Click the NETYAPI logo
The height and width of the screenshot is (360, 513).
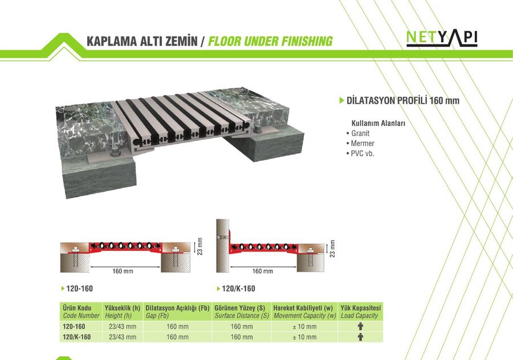(x=442, y=38)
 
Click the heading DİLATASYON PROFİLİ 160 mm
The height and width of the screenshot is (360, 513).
(x=403, y=100)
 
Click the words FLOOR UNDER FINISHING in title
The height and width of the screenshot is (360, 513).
(x=270, y=41)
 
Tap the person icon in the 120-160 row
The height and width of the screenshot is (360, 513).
(x=360, y=326)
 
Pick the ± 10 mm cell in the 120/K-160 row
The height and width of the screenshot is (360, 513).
(x=304, y=337)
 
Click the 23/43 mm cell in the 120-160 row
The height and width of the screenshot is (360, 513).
(x=123, y=326)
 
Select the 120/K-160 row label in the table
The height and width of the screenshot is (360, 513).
(x=76, y=337)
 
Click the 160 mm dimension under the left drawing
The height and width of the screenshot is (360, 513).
(x=123, y=271)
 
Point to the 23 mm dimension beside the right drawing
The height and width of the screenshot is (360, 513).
(x=332, y=249)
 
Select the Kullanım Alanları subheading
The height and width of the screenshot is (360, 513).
(x=378, y=123)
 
